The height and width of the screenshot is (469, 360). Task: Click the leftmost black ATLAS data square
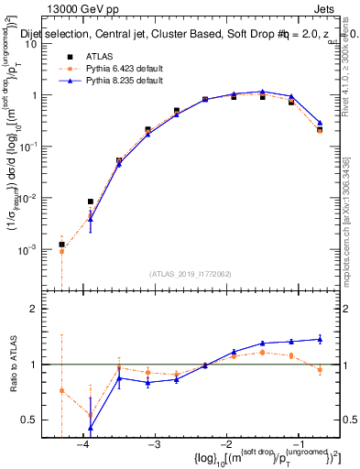coord(61,245)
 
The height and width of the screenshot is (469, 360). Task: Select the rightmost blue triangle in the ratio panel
coord(320,339)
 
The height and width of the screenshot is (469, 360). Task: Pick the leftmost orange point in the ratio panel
coord(61,390)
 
